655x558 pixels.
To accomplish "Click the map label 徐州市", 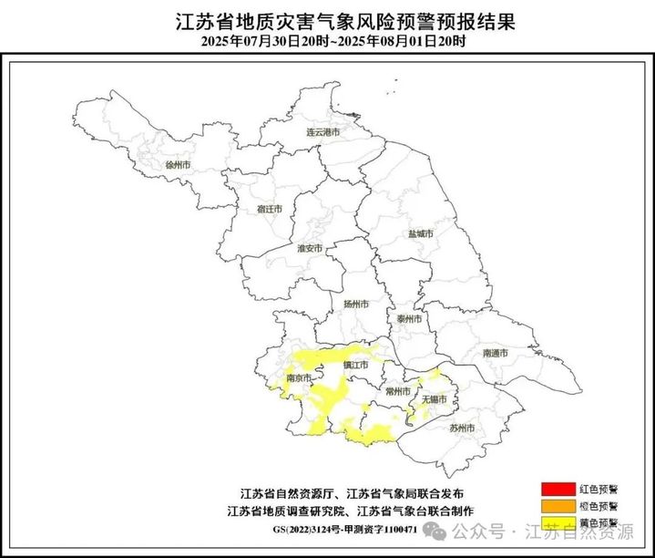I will (x=177, y=165).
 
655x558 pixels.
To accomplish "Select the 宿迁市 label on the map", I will (x=269, y=209).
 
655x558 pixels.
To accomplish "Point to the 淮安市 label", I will (x=310, y=248).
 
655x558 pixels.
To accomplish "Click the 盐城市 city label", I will (x=420, y=234).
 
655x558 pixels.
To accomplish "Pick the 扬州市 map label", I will (x=355, y=304).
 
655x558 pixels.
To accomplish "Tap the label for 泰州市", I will (x=409, y=319).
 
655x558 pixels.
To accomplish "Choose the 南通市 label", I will (x=496, y=352).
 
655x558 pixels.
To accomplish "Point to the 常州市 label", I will (x=397, y=390).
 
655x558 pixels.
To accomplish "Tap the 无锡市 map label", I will (x=435, y=398).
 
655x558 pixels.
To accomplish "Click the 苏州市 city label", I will (x=463, y=427).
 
